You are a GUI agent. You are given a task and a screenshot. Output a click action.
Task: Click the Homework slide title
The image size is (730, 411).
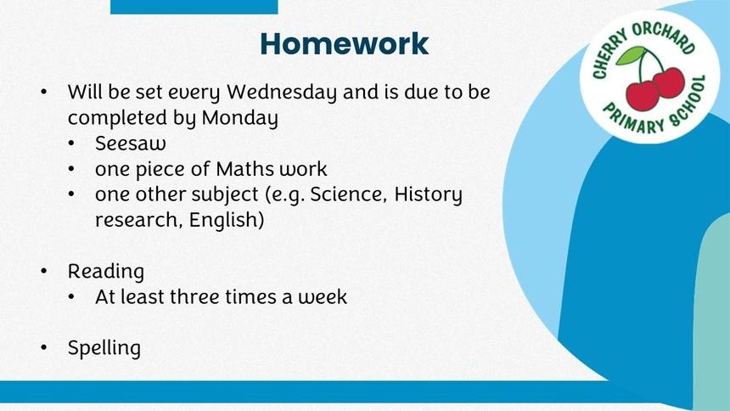pos(344,44)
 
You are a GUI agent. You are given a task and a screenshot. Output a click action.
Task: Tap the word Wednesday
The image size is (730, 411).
pos(282,93)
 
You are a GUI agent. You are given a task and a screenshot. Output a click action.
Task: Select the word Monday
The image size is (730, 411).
pos(239,118)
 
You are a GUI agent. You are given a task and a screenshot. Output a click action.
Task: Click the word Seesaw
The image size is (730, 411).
pos(131,143)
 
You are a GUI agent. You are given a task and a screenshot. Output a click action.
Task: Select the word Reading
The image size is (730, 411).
pos(106,272)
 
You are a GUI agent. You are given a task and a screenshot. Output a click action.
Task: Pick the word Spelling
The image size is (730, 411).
pos(104,348)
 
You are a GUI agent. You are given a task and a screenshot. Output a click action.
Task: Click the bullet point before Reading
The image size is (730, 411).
pos(44,271)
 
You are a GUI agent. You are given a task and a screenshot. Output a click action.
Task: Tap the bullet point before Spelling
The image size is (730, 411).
pos(44,347)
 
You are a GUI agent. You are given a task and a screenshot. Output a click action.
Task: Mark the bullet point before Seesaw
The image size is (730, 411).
pos(71,143)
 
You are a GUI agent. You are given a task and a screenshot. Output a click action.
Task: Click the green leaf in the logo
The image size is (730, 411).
pos(631,56)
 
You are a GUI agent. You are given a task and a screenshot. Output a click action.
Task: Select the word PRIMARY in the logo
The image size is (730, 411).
pos(633,119)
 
